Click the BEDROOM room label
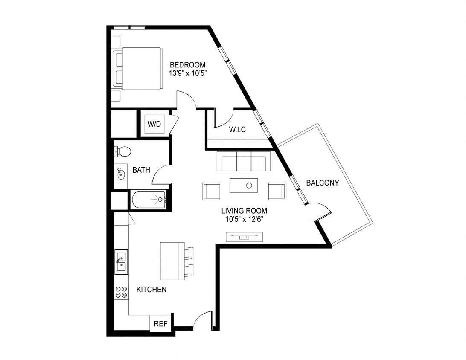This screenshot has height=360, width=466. point(187,65)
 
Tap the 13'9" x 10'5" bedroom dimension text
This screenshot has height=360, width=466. point(187,73)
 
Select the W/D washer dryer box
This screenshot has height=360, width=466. point(154,124)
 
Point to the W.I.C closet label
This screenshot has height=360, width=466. point(237,130)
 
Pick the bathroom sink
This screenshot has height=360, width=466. point(121,174)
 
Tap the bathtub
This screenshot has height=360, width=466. point(148,200)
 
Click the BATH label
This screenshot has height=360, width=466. point(141,170)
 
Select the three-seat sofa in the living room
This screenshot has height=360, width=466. point(243,161)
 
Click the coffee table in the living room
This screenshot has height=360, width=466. point(244,186)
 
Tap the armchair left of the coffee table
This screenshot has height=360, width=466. point(211,191)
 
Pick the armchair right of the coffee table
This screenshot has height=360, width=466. point(277,191)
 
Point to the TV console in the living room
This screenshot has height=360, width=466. point(245,236)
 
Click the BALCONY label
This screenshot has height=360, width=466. point(323,183)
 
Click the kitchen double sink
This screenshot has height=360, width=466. point(121,261)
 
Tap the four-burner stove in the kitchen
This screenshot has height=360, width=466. point(121,292)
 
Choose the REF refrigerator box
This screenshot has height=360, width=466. point(160,324)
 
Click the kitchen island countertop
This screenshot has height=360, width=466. point(172,261)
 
